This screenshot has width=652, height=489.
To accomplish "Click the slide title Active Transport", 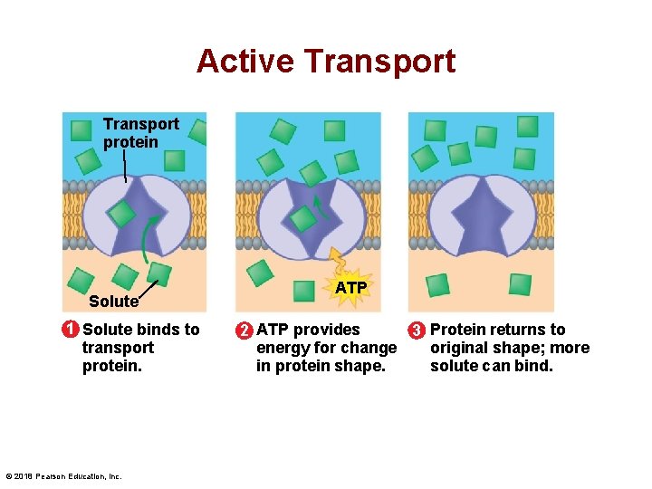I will [x=326, y=62].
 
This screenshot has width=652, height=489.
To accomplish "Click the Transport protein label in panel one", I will [x=140, y=132].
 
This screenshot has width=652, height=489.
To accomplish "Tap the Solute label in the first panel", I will [x=113, y=302].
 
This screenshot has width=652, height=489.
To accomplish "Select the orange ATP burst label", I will [x=350, y=288].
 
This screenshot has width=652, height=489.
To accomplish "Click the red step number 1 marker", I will [x=70, y=330].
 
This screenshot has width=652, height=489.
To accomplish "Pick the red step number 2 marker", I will [x=244, y=331].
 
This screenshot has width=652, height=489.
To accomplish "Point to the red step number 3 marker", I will [x=417, y=331].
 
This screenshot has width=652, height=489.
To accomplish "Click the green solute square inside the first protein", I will [x=122, y=215].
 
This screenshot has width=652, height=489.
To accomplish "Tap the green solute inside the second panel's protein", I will [x=302, y=218].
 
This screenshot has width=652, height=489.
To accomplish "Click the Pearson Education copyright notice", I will [x=63, y=476].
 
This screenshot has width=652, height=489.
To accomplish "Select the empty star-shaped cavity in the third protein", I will [x=480, y=217].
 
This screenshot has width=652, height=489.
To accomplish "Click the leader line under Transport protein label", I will [x=124, y=167].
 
